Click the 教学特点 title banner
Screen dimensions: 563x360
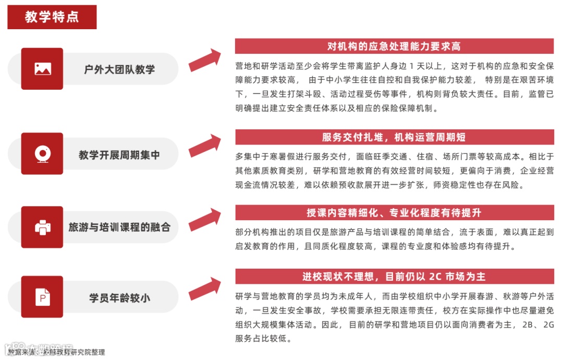pos(52,17)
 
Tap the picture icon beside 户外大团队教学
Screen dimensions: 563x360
pos(42,69)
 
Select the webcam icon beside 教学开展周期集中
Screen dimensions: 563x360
pos(42,154)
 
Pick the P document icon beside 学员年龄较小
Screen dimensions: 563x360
pos(42,297)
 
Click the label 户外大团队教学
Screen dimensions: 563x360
pos(119,69)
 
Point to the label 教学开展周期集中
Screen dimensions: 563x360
pos(119,154)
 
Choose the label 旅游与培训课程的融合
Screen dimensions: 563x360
pos(119,227)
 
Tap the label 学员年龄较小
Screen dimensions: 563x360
pos(119,298)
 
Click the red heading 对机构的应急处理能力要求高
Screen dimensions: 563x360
pos(394,46)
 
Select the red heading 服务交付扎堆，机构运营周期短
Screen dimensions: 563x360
pos(394,137)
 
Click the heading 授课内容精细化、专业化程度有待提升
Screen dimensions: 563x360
pos(394,213)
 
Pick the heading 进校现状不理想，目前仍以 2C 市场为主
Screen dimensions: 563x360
pos(394,277)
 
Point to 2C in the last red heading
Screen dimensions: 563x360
pos(435,277)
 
